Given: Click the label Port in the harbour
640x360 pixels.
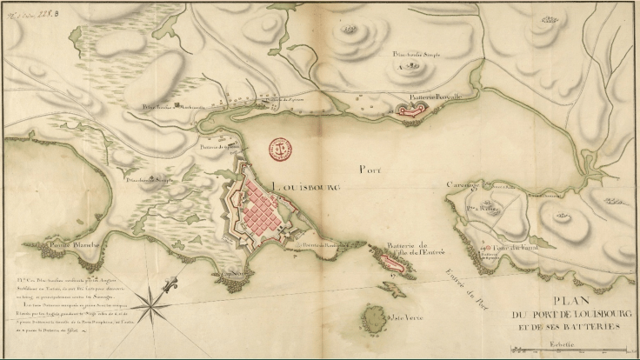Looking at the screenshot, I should click(370, 170).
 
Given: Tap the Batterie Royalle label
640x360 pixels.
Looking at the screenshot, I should click(440, 97).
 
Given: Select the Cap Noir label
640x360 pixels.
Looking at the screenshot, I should click(229, 270).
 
